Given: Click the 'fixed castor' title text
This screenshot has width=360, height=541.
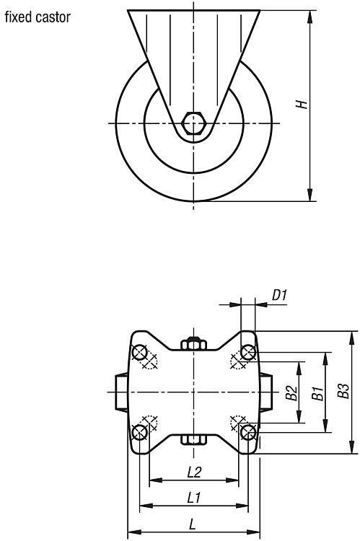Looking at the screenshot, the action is click(38, 17).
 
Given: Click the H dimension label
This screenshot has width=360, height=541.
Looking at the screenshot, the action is click(302, 104).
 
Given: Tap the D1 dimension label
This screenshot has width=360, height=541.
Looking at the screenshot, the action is click(280, 295).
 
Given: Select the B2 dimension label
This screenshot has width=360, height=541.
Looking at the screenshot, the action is click(291, 392).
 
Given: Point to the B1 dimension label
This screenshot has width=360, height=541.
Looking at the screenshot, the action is click(318, 394).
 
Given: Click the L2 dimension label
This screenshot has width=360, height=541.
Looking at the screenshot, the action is click(194, 472).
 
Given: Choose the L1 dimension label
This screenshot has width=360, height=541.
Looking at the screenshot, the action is click(194, 498).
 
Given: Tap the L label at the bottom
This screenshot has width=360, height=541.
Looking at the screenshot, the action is click(192, 525).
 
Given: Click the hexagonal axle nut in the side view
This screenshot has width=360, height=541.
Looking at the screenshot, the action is click(193, 123).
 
